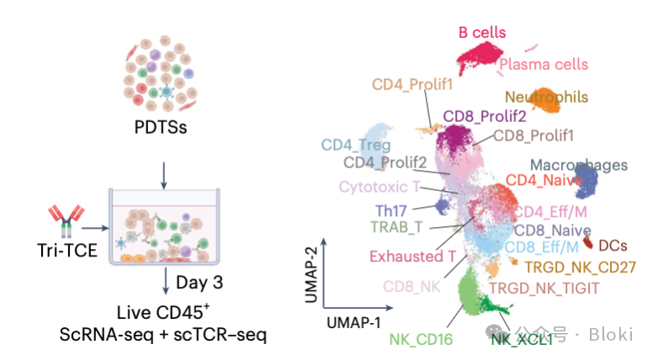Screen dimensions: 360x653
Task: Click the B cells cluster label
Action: tap(482, 33)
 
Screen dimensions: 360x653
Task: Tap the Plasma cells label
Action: tap(543, 64)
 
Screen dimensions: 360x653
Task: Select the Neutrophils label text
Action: tap(546, 97)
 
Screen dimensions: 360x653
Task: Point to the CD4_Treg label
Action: tap(355, 145)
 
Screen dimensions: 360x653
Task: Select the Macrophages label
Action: tap(579, 164)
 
